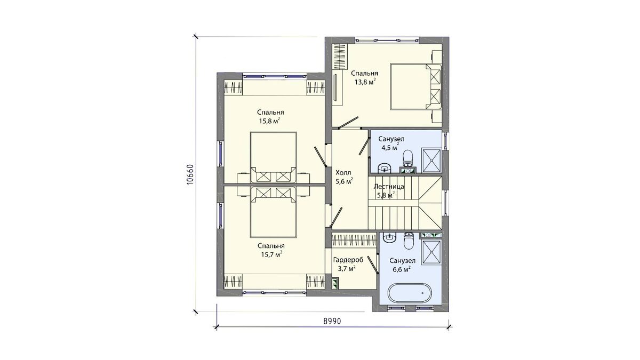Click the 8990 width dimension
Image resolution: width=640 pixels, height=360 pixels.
pyautogui.click(x=332, y=321)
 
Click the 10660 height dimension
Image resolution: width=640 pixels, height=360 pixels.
pyautogui.click(x=190, y=174)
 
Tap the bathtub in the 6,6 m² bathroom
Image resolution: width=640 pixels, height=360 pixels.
pyautogui.click(x=410, y=293)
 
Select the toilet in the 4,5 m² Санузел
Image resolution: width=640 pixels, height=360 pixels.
pyautogui.click(x=407, y=158)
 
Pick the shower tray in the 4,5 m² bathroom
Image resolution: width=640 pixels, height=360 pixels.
pyautogui.click(x=431, y=161)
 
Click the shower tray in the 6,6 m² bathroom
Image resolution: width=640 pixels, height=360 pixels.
pyautogui.click(x=431, y=252)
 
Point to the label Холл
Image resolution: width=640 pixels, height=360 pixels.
pyautogui.click(x=343, y=173)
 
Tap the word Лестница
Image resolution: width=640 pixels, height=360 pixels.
pyautogui.click(x=389, y=187)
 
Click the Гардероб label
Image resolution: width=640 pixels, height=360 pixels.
pyautogui.click(x=348, y=260)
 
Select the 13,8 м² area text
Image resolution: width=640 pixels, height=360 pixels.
pyautogui.click(x=365, y=82)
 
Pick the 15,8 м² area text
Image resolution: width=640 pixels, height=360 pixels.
pyautogui.click(x=269, y=121)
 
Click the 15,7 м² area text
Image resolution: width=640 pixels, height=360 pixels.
pyautogui.click(x=271, y=254)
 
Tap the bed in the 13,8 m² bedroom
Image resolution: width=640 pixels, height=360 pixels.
pyautogui.click(x=416, y=86)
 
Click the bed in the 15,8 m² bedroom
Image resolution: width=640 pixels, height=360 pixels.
pyautogui.click(x=274, y=157)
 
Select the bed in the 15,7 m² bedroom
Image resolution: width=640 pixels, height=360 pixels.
pyautogui.click(x=274, y=212)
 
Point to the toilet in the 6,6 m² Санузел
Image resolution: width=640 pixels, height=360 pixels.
pyautogui.click(x=409, y=241)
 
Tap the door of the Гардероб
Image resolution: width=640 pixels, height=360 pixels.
pyautogui.click(x=373, y=265)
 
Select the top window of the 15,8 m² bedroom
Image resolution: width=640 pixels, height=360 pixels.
pyautogui.click(x=274, y=76)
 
